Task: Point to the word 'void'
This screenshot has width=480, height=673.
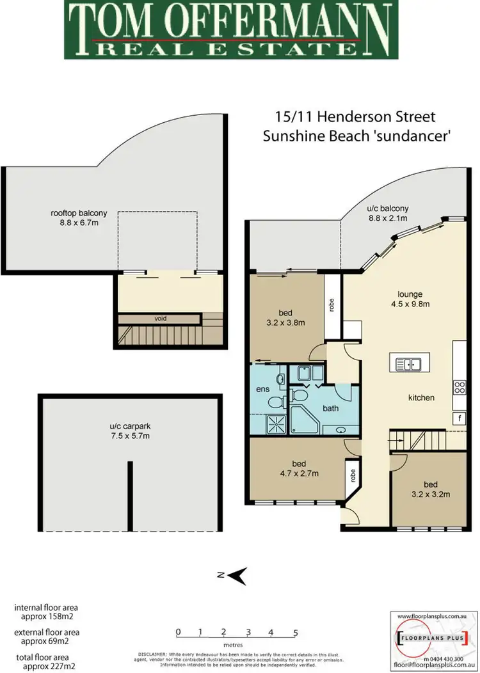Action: click(161, 317)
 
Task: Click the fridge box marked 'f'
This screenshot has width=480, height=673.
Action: click(459, 418)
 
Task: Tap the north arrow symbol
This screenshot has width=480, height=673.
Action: click(237, 575)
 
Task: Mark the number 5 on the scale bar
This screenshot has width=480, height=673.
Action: click(295, 633)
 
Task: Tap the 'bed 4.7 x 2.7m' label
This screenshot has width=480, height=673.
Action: click(298, 468)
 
